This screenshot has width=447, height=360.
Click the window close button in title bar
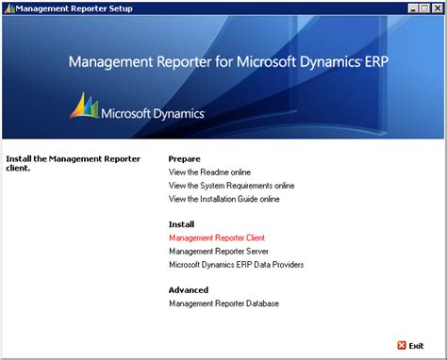point(436,8)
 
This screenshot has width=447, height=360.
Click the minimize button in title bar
point(412,8)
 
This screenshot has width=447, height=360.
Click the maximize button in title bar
point(423,8)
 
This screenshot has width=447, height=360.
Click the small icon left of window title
point(8,8)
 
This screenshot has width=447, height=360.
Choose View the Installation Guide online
point(224,199)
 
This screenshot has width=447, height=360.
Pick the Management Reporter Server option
point(219,252)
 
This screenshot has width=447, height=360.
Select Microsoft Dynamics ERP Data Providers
point(236,265)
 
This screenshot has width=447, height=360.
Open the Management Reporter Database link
point(223,303)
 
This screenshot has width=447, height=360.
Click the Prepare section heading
point(185,159)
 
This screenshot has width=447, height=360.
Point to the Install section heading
point(181,225)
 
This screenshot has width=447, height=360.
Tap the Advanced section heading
point(189,290)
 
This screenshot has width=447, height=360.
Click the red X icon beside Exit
point(403,346)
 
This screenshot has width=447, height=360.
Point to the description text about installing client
point(57,164)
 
